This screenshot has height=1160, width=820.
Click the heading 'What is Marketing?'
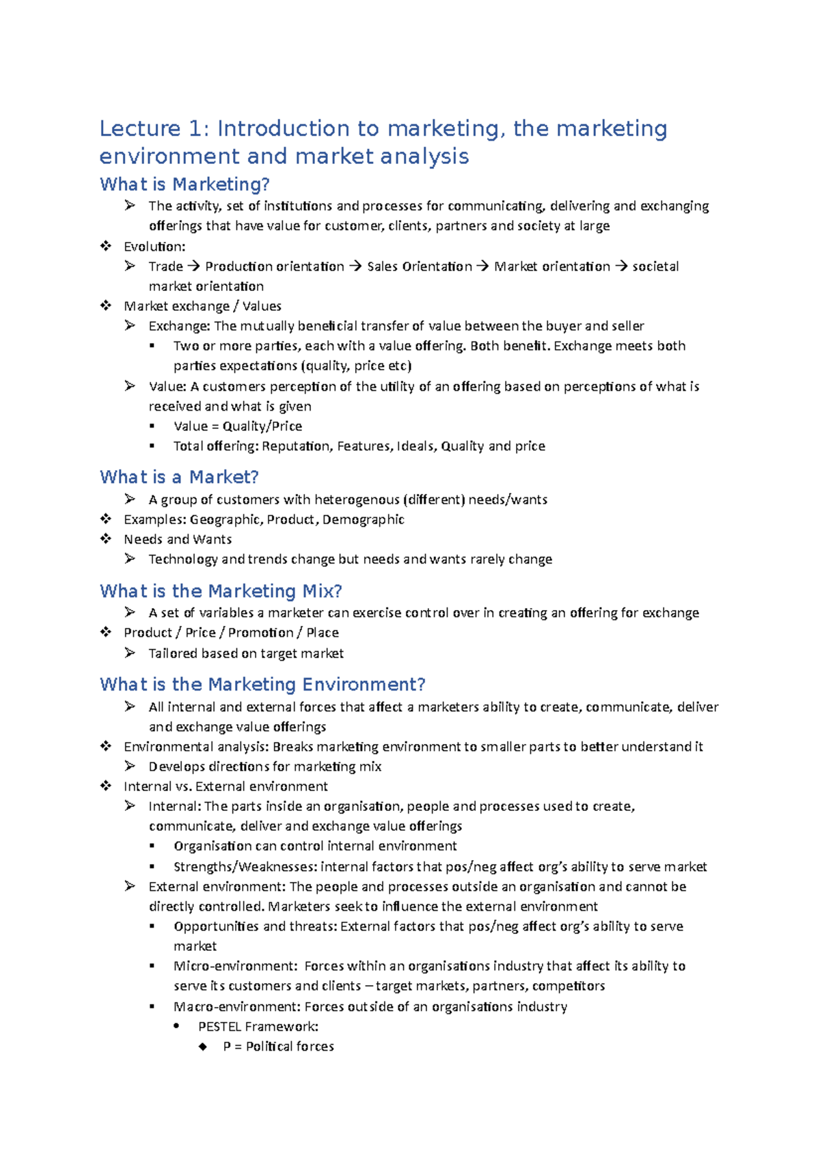(x=184, y=184)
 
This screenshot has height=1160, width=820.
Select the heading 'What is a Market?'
(x=179, y=477)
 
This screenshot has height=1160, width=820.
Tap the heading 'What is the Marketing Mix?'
(x=221, y=591)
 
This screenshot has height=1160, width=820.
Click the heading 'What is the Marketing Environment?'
(x=262, y=685)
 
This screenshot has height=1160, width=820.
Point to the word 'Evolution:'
(x=154, y=247)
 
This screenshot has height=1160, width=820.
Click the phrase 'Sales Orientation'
(x=420, y=266)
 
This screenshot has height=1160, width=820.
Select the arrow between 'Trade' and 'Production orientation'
(x=194, y=266)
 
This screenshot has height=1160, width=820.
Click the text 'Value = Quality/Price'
(x=238, y=426)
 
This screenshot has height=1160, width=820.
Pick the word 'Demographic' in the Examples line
(x=363, y=519)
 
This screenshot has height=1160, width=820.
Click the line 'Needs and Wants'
(x=178, y=539)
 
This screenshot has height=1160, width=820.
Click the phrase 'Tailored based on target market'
(x=246, y=653)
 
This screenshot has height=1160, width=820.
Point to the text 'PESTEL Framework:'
(x=258, y=1026)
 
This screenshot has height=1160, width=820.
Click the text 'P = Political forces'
(x=278, y=1046)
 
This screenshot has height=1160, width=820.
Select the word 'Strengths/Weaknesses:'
(x=245, y=867)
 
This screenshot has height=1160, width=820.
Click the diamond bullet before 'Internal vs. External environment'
(x=106, y=786)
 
